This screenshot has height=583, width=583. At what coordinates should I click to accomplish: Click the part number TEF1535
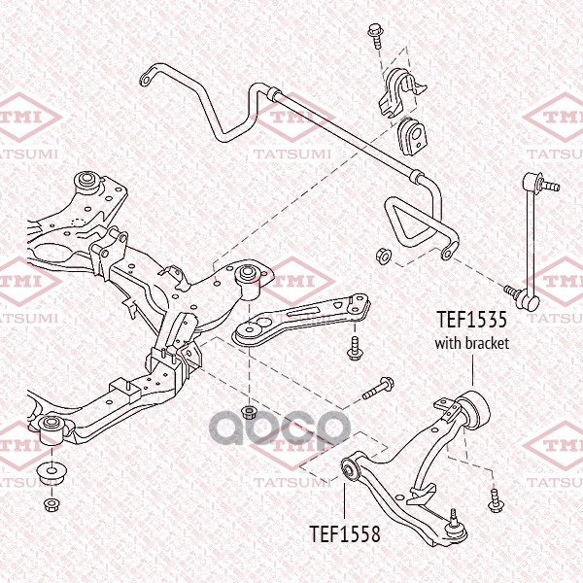click(471, 320)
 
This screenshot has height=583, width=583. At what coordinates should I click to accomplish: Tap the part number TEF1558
click(345, 533)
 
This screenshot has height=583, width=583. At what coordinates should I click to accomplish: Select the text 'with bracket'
click(472, 343)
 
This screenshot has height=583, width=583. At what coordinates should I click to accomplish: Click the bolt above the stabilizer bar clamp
click(375, 36)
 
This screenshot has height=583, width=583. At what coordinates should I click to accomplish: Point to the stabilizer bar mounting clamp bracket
click(401, 93)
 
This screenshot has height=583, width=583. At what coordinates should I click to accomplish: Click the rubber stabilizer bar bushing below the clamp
click(412, 136)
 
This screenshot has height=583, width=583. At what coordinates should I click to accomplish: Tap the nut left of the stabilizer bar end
click(384, 257)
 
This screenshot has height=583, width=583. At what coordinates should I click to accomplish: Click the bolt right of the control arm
click(496, 500)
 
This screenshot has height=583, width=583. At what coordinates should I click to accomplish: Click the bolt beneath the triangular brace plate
click(354, 349)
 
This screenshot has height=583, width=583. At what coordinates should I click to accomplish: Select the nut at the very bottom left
click(51, 504)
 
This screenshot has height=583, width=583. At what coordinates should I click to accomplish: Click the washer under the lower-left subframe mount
click(51, 472)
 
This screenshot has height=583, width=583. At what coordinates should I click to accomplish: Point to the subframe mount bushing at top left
click(87, 183)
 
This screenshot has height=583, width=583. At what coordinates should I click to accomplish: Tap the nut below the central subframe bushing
click(249, 412)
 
